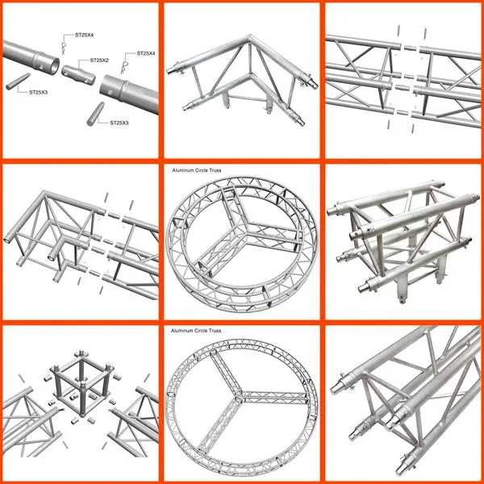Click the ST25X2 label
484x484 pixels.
(x=99, y=60)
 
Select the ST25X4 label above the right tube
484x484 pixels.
(x=146, y=53)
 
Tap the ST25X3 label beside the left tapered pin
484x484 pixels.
(x=39, y=92)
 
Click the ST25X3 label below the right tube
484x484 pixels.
(x=119, y=123)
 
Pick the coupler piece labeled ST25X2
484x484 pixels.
(x=78, y=75)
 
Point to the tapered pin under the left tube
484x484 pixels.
(x=18, y=81)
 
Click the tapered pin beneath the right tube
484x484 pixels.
(x=95, y=114)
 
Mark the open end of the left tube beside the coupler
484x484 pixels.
(x=55, y=66)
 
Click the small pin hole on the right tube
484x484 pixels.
(x=111, y=92)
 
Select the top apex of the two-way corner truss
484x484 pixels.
(x=250, y=37)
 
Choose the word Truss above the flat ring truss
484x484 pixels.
(x=215, y=330)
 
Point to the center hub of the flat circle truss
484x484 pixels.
(x=239, y=395)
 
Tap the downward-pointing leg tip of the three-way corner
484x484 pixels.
(x=403, y=300)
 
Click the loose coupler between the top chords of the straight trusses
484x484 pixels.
(x=411, y=48)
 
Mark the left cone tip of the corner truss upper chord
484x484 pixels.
(x=169, y=71)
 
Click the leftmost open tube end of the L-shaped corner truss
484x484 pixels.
(x=6, y=240)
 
